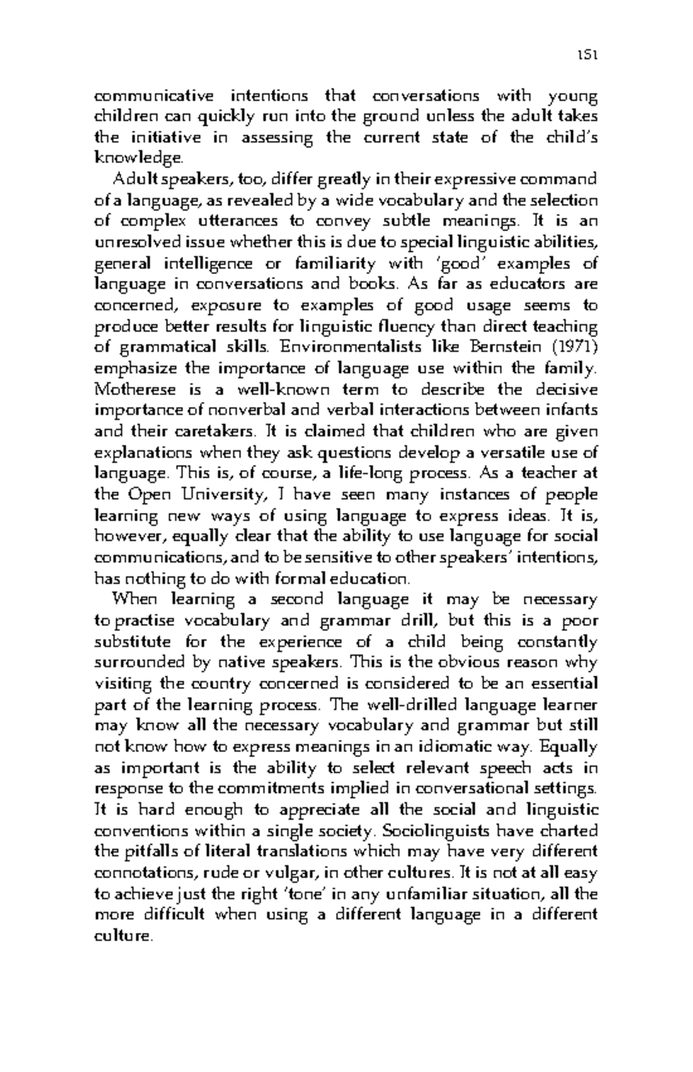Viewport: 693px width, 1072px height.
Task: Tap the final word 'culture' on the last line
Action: pos(122,936)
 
